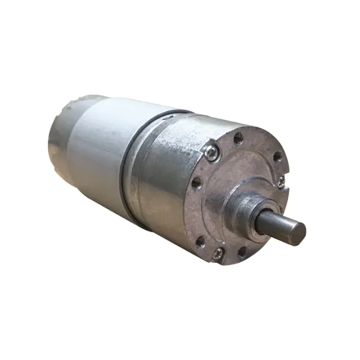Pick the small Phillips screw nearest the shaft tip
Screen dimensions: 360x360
[x=281, y=181]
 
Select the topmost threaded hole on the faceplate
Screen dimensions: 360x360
[x=238, y=137]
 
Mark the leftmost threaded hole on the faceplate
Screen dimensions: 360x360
[x=196, y=182]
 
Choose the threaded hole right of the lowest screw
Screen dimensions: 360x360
[x=242, y=252]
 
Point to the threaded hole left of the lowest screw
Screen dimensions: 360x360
[x=200, y=242]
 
